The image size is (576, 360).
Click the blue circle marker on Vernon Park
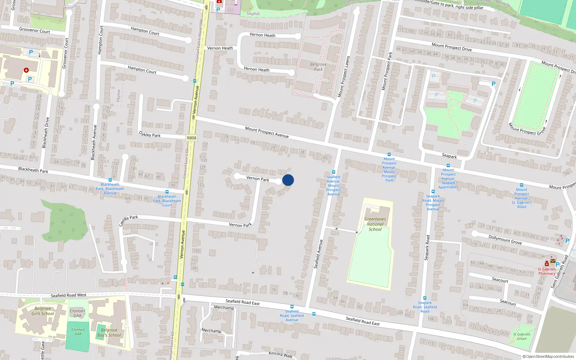(288, 180)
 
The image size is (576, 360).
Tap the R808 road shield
(192, 138)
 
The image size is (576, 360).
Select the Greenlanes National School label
(375, 224)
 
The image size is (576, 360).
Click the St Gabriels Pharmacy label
(547, 271)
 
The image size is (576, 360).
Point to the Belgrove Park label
(318, 67)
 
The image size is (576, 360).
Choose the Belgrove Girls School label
(43, 311)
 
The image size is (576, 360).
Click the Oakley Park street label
(150, 135)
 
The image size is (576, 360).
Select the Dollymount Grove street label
(505, 240)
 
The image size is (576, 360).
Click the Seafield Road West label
(68, 295)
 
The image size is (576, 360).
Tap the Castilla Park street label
(129, 220)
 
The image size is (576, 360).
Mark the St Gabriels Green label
(522, 336)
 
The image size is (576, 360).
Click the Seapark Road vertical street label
(427, 248)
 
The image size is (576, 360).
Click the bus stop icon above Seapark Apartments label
(448, 166)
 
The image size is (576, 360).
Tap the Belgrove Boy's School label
(109, 332)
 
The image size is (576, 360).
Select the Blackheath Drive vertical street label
(46, 132)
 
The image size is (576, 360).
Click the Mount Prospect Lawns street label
(343, 77)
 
